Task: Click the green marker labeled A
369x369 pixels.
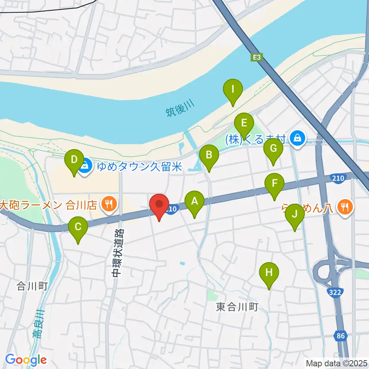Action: tap(194, 201)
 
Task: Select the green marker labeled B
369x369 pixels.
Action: tap(209, 155)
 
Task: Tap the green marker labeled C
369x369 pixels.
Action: tap(78, 227)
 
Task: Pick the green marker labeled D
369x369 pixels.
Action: tap(75, 160)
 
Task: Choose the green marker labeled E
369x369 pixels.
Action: tap(244, 124)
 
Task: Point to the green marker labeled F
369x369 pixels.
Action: tap(274, 184)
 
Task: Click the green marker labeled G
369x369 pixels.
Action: tap(273, 149)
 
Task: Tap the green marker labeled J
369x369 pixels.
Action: tap(294, 214)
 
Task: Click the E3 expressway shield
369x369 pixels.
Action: tap(257, 57)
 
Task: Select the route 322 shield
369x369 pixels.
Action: tap(335, 293)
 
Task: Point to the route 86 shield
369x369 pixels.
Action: tap(340, 336)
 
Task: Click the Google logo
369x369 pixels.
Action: tap(26, 360)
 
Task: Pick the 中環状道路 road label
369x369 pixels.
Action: tap(116, 253)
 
